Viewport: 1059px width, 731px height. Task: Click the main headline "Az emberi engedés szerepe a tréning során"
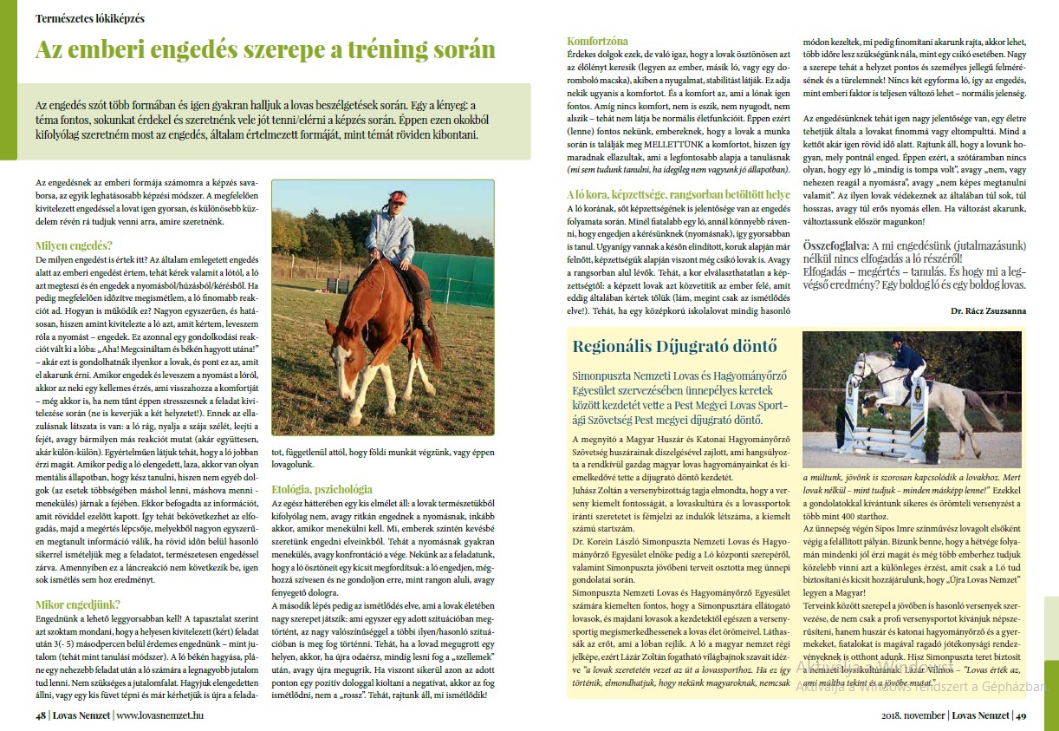(264, 49)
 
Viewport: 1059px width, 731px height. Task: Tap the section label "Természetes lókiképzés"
(90, 18)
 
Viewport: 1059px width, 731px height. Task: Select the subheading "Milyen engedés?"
(74, 245)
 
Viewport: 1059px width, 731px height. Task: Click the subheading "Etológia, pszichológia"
(322, 489)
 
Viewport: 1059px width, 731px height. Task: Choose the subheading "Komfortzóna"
(597, 41)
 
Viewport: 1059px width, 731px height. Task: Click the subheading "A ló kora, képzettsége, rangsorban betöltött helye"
(678, 195)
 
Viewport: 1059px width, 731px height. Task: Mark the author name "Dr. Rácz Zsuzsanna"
(988, 310)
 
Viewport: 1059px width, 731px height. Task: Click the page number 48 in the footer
(41, 715)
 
